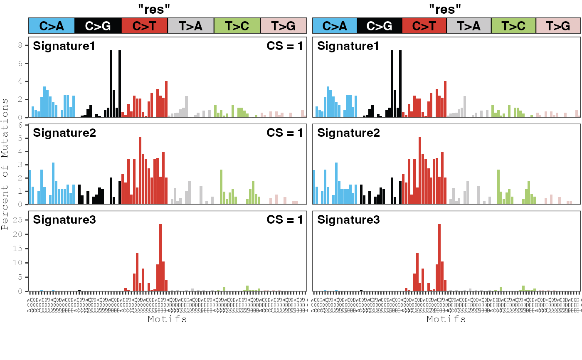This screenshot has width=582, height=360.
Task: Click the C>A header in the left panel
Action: tap(52, 26)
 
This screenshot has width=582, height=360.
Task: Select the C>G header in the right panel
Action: tap(379, 26)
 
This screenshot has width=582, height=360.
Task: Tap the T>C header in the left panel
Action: tap(237, 26)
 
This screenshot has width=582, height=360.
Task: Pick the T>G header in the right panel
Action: tap(558, 26)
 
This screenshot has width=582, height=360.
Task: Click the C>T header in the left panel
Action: tap(144, 26)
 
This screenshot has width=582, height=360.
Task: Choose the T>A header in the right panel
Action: tap(469, 26)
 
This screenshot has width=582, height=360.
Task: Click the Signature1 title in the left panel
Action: tap(64, 46)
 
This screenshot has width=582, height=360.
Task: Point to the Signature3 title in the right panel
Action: tap(348, 220)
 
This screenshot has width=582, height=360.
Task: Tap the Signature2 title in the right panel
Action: tap(348, 133)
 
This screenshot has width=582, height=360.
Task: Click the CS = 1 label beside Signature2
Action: tap(285, 133)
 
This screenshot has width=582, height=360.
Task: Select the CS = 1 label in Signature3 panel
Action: tap(285, 220)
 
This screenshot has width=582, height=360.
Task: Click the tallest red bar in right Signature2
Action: tap(420, 170)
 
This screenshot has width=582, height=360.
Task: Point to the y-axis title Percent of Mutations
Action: tap(5, 164)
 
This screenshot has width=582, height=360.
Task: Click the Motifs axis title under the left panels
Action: tap(167, 319)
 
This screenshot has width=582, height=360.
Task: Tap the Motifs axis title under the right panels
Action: tap(446, 319)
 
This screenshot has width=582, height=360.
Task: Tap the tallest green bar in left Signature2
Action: tap(221, 187)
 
